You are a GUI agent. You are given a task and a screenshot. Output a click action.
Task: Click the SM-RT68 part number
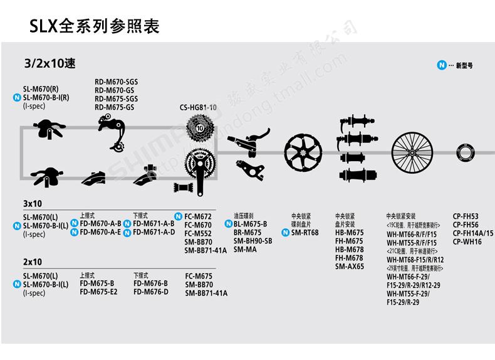[305, 233]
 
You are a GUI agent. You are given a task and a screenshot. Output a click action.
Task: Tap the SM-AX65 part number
[349, 266]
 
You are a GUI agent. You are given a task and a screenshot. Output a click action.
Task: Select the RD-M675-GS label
[114, 107]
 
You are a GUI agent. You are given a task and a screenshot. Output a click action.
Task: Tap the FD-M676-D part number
[150, 292]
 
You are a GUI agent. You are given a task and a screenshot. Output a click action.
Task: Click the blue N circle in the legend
[442, 65]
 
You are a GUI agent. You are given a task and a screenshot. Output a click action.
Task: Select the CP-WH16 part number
[467, 241]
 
